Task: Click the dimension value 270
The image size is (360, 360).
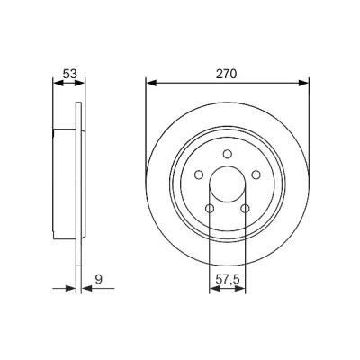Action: pos(227,74)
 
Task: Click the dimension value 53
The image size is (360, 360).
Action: pos(70,74)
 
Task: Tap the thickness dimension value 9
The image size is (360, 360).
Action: pos(99,279)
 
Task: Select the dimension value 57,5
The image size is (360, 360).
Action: pos(228,279)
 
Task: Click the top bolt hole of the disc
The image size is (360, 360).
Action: pos(228,154)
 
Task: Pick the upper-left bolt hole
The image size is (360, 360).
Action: pos(199,175)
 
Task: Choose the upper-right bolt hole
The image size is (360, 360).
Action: pos(256,175)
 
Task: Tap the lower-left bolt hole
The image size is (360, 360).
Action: pos(210,208)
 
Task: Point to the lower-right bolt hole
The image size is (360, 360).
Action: pos(245,208)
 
